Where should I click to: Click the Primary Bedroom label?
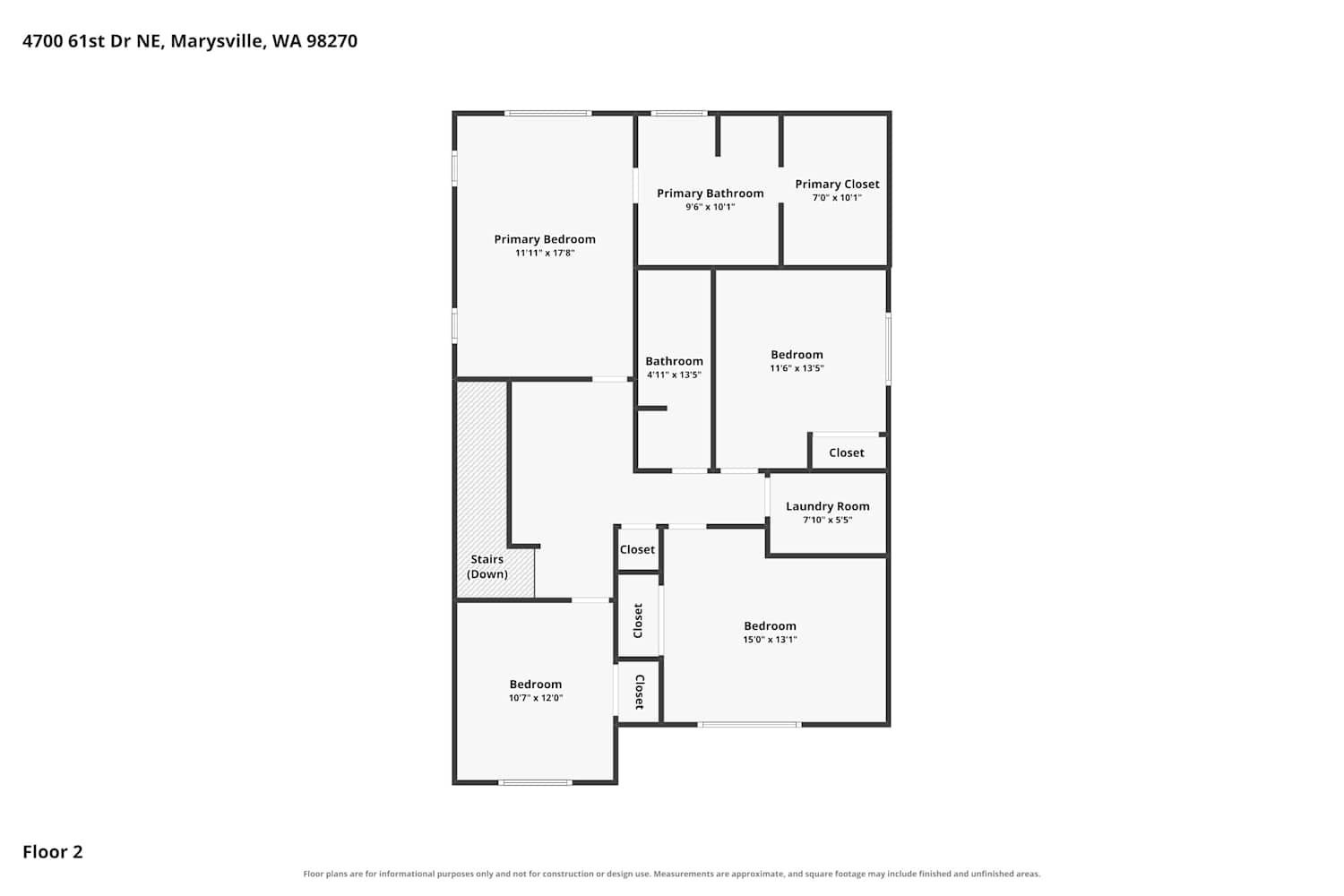click(545, 239)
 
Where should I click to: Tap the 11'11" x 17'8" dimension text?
click(545, 254)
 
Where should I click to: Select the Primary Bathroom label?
click(711, 194)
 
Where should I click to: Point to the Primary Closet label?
click(837, 185)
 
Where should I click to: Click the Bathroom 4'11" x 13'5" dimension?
click(674, 375)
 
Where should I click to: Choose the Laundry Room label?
click(827, 506)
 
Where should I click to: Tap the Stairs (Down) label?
click(487, 566)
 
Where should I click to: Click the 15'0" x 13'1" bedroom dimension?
click(770, 640)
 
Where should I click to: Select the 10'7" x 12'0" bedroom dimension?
click(536, 698)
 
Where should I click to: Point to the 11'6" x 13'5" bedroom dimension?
click(797, 368)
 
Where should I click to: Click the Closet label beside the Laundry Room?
click(847, 453)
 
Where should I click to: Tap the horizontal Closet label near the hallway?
click(637, 550)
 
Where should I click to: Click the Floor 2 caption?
click(53, 852)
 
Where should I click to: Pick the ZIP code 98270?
click(332, 41)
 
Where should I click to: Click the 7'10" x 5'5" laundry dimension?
click(827, 521)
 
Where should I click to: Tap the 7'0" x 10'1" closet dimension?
click(837, 198)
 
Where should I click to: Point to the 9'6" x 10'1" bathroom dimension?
click(711, 207)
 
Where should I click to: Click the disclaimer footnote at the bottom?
click(672, 874)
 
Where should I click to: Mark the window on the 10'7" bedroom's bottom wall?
click(535, 782)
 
